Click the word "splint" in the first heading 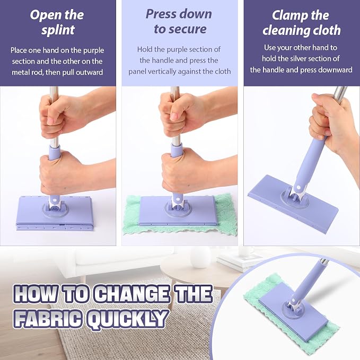pos(58,30)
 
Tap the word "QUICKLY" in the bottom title pos(127,319)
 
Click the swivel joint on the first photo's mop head pos(55,206)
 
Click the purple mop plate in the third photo pos(293,204)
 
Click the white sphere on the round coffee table pos(200,257)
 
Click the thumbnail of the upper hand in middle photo pos(174,116)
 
